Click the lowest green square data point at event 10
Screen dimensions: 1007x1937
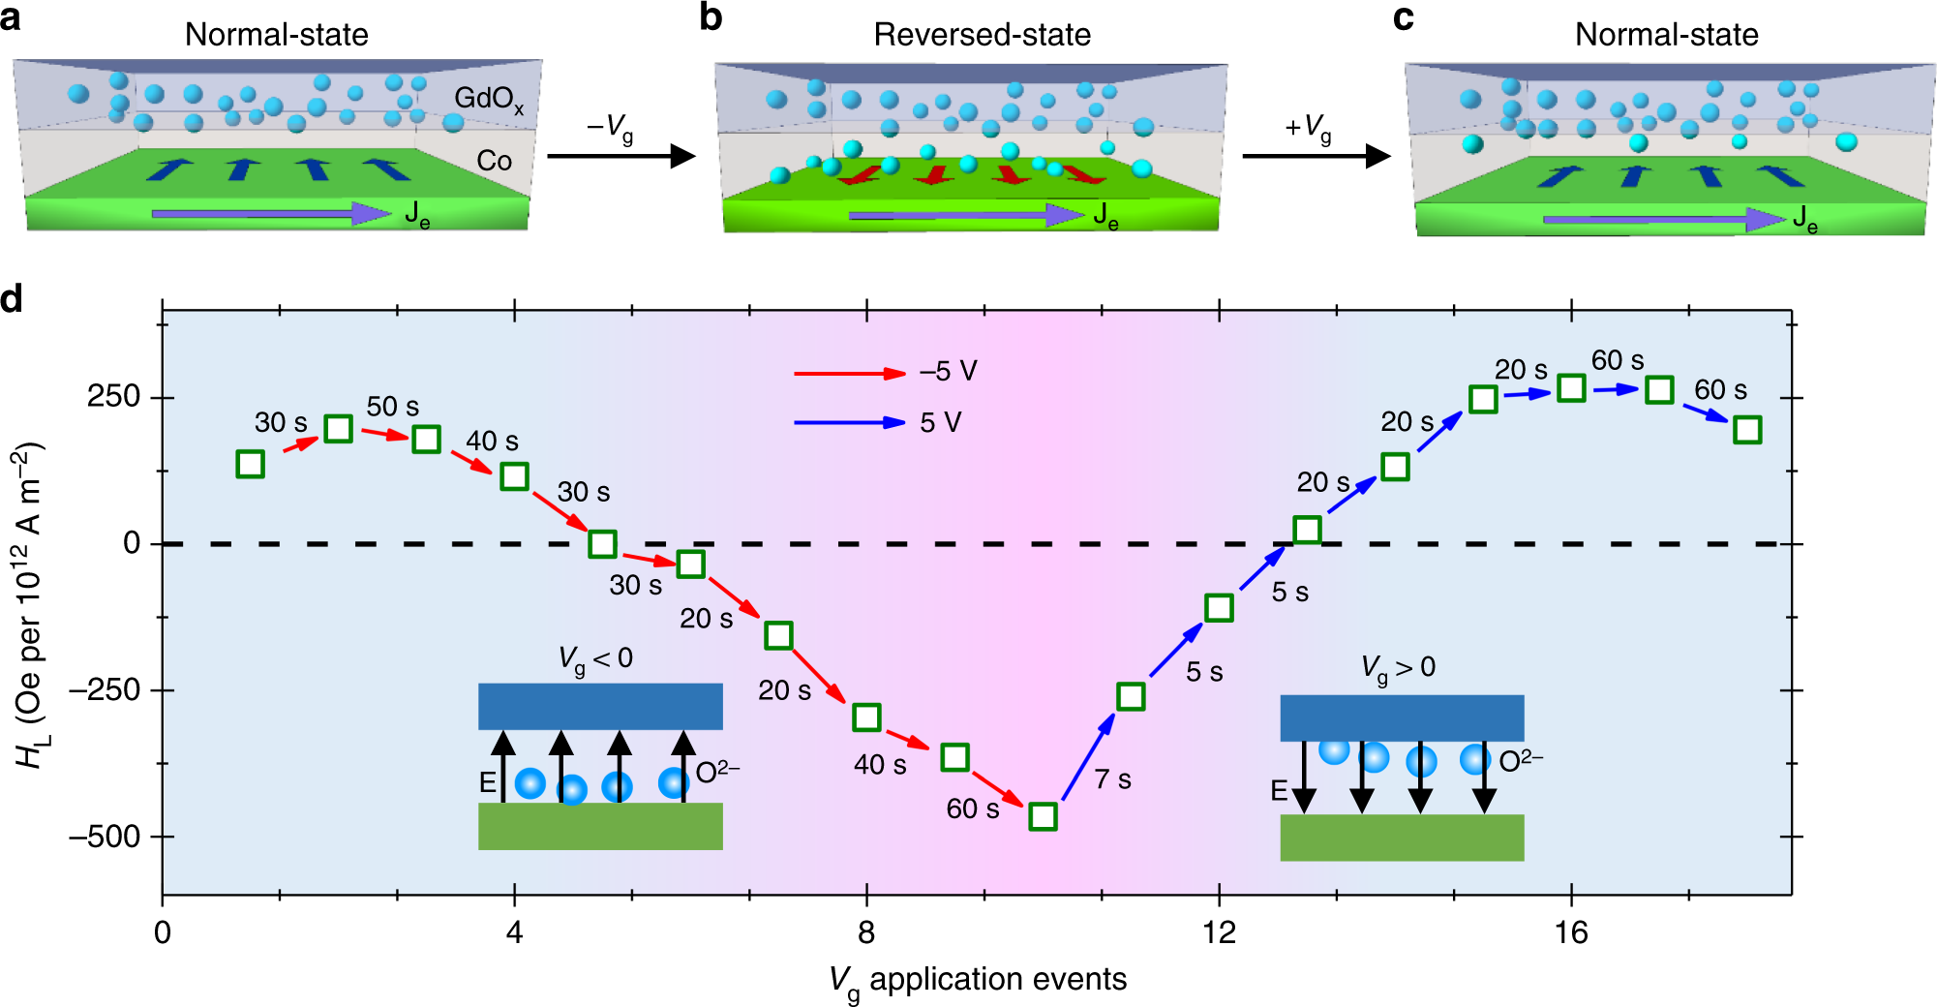tap(1043, 816)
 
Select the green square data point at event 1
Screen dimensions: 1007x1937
tap(251, 464)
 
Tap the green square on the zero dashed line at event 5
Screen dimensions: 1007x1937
tap(602, 543)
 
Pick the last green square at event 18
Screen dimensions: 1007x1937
tap(1747, 430)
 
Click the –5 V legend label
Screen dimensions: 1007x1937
tap(948, 372)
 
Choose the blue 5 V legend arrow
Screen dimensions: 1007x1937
tap(849, 422)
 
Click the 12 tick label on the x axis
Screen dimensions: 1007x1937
tap(1219, 932)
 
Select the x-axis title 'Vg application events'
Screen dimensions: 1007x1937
tap(978, 980)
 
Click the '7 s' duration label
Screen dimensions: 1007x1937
tap(1112, 779)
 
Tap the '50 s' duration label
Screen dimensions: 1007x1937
tap(392, 407)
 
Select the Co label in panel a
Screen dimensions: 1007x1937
tap(494, 161)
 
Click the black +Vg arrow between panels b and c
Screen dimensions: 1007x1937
tap(1317, 156)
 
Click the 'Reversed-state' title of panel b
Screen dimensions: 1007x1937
tap(982, 35)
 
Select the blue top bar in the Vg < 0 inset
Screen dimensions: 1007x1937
tap(600, 706)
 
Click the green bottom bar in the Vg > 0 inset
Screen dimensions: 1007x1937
tap(1402, 838)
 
